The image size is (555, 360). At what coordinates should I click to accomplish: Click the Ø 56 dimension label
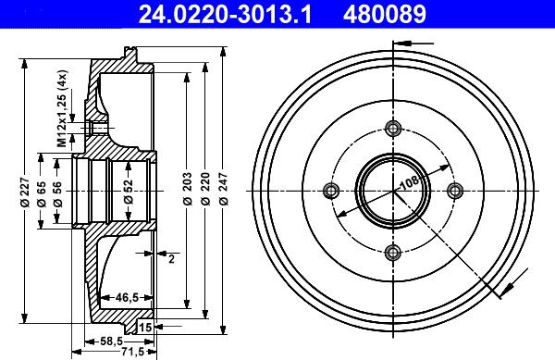[58, 192]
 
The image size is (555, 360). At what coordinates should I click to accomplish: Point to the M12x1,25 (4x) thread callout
[61, 110]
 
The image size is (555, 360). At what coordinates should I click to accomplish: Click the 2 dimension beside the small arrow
[171, 258]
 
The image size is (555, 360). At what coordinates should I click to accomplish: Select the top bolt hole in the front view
[392, 129]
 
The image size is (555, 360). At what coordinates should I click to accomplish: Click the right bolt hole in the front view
[454, 191]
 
